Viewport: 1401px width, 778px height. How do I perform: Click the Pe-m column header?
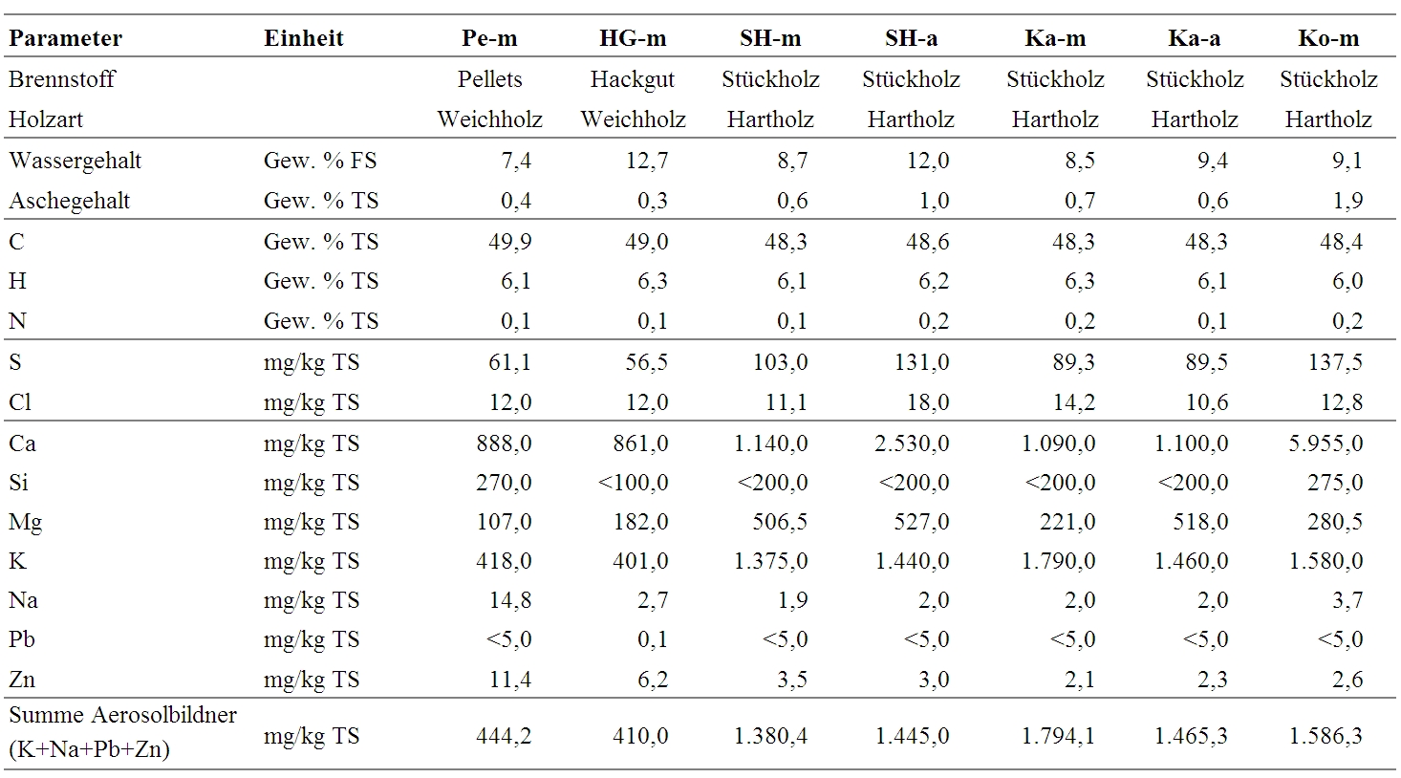[489, 38]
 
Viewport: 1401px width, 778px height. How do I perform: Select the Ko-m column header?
[1328, 38]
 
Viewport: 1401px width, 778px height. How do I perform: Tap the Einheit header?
[303, 38]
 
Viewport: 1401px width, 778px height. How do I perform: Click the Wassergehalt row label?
[75, 161]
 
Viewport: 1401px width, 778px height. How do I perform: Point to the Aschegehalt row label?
[70, 201]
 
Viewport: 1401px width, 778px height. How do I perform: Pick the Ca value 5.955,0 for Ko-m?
[1326, 443]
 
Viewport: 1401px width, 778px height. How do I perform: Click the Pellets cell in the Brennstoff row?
[489, 79]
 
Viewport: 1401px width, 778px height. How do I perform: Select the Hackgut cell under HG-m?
[633, 80]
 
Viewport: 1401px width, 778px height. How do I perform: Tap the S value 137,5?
[1335, 362]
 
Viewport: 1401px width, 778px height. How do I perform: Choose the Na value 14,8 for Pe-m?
[509, 600]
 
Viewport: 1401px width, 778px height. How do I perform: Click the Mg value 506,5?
[780, 522]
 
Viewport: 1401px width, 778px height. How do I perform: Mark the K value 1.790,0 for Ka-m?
[1058, 561]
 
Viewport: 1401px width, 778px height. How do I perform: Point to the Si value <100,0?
[633, 483]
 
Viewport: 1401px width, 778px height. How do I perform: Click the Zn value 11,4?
[509, 680]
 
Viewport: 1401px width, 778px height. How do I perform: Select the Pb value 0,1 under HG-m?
[653, 639]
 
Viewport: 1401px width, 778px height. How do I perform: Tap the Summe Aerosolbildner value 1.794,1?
[1058, 736]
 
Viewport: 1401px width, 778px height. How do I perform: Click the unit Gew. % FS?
[320, 161]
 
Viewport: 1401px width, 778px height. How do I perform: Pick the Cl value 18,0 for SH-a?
[928, 402]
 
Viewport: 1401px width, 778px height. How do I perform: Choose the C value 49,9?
[509, 242]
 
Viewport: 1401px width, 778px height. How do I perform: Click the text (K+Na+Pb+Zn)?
[90, 749]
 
